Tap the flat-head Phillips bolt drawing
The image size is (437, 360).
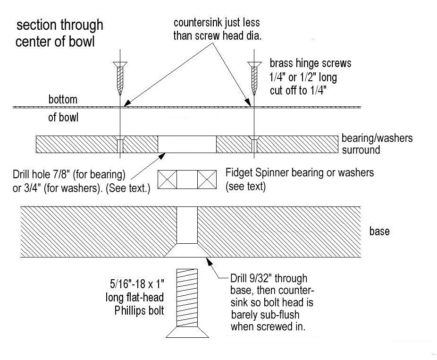[x=187, y=302]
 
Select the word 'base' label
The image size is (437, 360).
[x=379, y=231]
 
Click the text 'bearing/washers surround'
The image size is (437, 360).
[x=377, y=144]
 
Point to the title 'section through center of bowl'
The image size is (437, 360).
[x=59, y=33]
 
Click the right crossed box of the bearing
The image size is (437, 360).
[x=207, y=180]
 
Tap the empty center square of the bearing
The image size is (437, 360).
[x=187, y=180]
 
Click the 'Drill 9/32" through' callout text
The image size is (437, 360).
[x=269, y=278]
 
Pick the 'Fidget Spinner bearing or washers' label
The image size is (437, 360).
[x=300, y=172]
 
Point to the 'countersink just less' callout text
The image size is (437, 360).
[x=217, y=23]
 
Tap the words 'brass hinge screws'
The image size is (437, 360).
[x=310, y=63]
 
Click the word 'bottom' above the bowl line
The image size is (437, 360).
[x=62, y=100]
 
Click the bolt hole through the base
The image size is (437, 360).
[x=187, y=224]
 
